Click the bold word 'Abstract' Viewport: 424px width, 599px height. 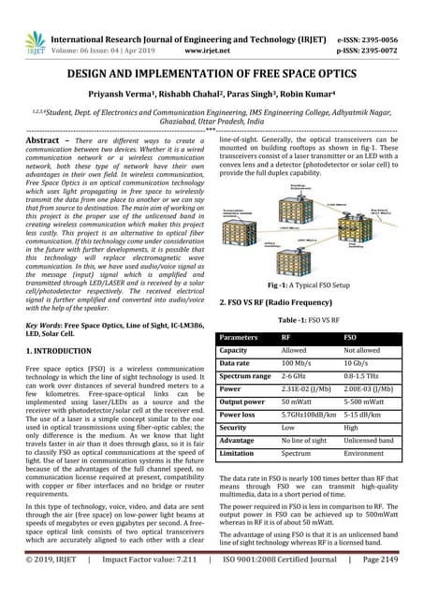click(51, 139)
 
